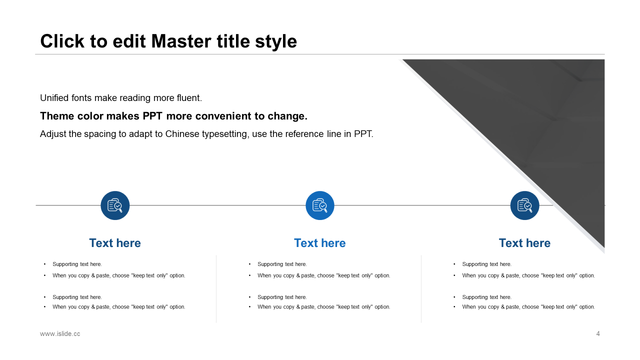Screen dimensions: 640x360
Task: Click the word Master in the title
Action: tap(181, 41)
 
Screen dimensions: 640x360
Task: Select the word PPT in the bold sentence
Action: tap(152, 116)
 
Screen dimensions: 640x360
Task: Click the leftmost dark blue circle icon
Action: tap(115, 205)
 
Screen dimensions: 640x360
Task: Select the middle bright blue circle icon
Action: tap(320, 205)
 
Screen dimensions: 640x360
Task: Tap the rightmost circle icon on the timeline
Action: tap(525, 205)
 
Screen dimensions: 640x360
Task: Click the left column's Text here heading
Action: tap(115, 243)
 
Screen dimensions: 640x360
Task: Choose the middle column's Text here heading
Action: tap(320, 243)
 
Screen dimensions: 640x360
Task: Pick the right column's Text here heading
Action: tap(525, 243)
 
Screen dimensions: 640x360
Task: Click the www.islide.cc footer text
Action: tap(60, 333)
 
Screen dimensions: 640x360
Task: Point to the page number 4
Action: tap(598, 333)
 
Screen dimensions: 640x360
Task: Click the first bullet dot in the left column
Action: tap(45, 264)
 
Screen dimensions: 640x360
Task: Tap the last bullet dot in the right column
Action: tap(454, 307)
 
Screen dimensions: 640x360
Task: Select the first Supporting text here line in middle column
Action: tap(282, 264)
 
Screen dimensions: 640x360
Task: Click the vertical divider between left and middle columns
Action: tap(216, 289)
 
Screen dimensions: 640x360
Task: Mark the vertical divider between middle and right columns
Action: tap(421, 289)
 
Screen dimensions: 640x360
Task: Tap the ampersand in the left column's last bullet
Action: tap(93, 307)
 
